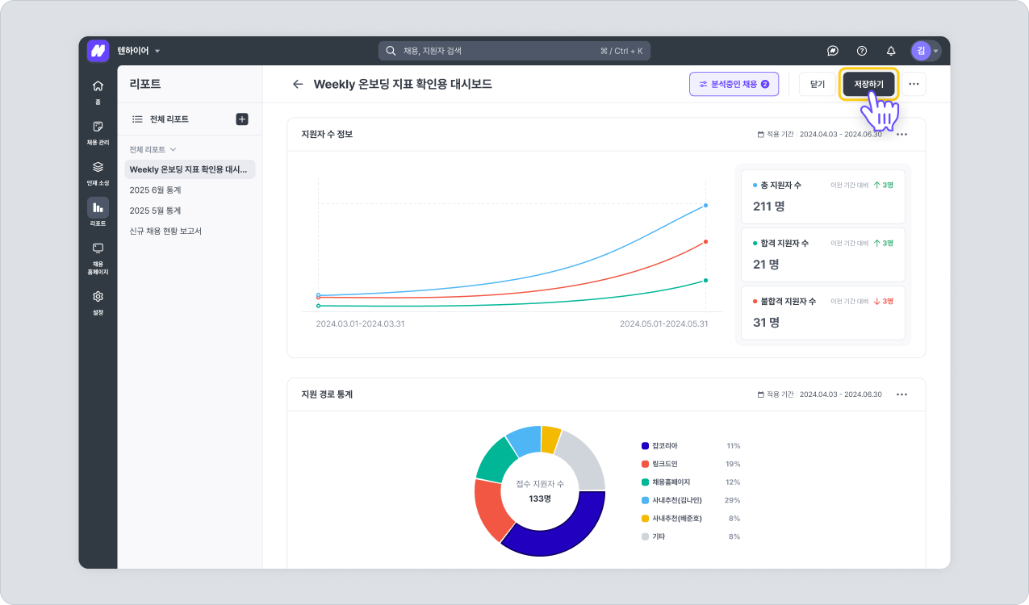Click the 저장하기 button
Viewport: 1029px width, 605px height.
868,84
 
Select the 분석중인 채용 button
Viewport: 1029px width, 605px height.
734,84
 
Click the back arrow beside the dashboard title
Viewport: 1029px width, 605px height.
298,84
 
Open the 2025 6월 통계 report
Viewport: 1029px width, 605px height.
156,190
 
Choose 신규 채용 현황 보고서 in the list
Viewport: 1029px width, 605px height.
165,231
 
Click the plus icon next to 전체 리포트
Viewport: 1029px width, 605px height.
241,119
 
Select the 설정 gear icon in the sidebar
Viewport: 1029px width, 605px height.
98,297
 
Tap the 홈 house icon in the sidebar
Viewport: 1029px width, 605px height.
98,86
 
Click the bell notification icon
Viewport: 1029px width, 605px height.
891,51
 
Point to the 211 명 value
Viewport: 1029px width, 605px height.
768,207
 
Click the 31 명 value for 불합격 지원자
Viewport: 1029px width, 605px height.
766,323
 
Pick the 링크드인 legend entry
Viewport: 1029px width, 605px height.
665,464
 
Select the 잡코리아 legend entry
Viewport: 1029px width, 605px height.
665,446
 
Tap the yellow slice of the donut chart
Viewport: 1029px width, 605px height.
550,438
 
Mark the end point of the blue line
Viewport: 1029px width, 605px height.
705,206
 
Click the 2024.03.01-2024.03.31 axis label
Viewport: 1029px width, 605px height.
360,323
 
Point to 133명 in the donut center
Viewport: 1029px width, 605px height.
540,499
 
